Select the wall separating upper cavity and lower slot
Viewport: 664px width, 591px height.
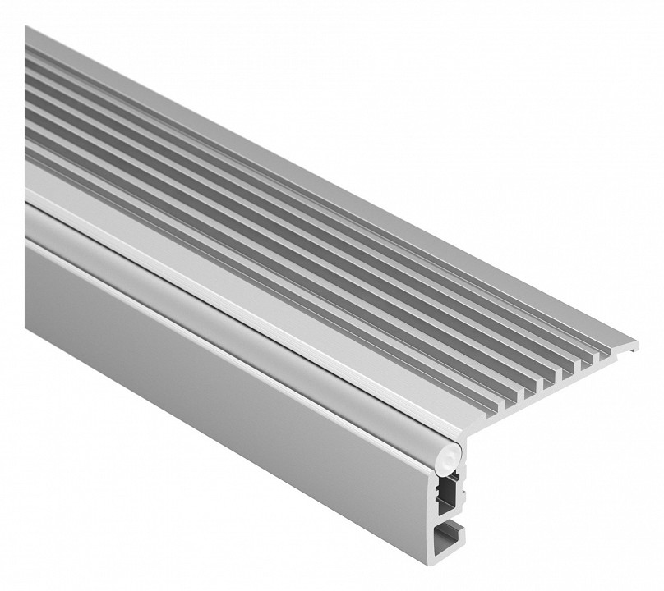click(x=449, y=515)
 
